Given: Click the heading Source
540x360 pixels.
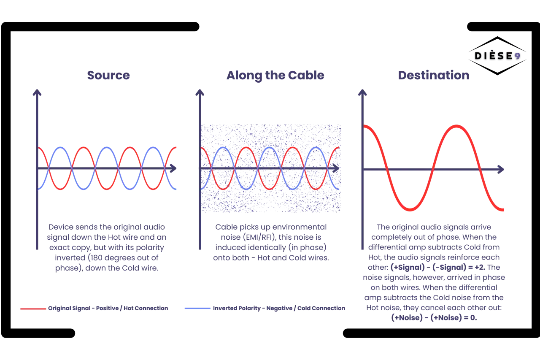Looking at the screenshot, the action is (108, 75).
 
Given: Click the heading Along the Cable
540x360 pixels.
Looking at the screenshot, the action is (275, 76).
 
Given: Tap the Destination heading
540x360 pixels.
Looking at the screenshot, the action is (434, 75).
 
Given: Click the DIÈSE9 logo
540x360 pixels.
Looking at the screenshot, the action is (497, 56).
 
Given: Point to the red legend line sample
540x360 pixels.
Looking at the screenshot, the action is (33, 309).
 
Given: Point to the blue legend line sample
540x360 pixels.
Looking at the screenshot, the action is (197, 309).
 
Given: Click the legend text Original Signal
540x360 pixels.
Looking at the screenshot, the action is (69, 308).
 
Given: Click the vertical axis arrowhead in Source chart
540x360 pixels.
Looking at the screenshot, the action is (37, 92).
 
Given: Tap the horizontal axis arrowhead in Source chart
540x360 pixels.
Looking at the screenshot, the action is (173, 168).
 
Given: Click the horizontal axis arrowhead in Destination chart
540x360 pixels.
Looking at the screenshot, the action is (501, 170).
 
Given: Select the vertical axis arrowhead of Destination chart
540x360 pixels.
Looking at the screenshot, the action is (362, 92).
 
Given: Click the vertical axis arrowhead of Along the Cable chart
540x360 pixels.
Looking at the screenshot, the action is (200, 92).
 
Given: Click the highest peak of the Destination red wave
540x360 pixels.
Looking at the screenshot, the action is (456, 126).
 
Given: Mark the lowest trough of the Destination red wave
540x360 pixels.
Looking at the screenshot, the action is (410, 209).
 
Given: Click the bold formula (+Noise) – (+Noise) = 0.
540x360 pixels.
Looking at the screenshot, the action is (434, 317).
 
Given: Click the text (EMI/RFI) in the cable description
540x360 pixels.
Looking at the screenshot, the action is (259, 237).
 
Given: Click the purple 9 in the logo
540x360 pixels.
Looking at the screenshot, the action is (517, 57).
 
